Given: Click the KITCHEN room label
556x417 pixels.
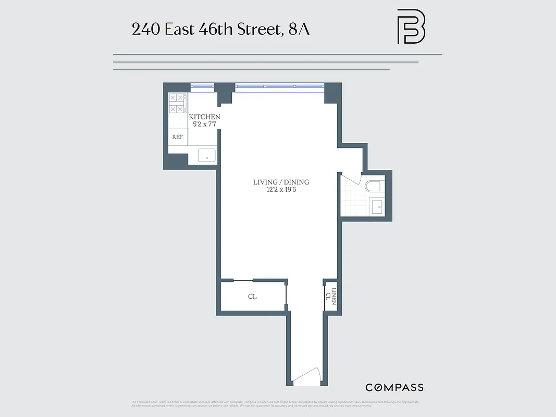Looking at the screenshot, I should point(204,117).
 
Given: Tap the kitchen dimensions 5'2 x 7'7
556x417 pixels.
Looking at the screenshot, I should point(204,124).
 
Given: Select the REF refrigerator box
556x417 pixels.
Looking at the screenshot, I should point(178,137).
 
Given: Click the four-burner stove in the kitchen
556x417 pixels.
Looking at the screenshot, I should point(178,103).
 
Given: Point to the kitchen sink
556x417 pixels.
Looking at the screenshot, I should point(207,155).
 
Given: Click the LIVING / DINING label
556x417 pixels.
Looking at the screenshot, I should point(281,182).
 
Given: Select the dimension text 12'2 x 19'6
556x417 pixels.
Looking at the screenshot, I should point(281,190).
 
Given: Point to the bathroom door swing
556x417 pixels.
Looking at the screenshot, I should point(350,178).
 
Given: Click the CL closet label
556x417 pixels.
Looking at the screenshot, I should point(252,297).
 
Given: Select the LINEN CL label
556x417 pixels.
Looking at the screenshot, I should point(331,297).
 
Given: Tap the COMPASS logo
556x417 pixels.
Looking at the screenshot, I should point(394,387).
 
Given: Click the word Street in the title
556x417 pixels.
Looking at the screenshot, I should point(258,29).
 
